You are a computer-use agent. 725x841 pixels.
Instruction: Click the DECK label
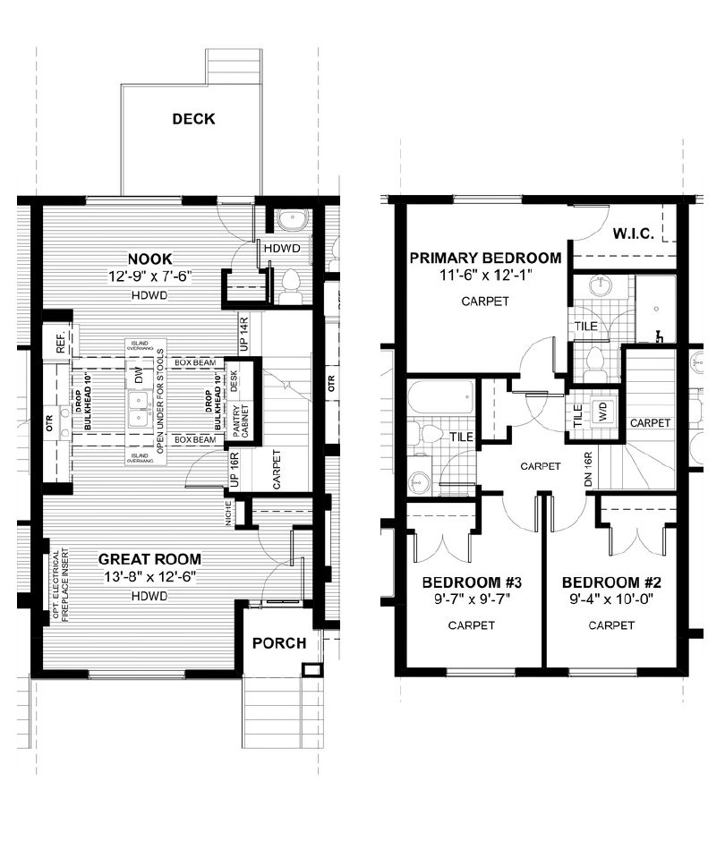tap(193, 119)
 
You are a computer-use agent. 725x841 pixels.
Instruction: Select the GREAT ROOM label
tap(149, 559)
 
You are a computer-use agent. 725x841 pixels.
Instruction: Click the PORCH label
tap(278, 642)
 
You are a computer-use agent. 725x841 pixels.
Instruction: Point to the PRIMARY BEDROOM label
tap(485, 259)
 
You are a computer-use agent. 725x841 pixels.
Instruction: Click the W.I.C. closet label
tap(636, 234)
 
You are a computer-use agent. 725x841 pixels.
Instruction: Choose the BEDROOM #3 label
tap(472, 582)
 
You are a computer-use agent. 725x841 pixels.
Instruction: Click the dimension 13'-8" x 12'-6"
tap(149, 577)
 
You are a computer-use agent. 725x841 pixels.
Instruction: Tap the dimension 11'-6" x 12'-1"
tap(485, 276)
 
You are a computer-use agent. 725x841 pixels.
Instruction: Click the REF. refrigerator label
tap(61, 346)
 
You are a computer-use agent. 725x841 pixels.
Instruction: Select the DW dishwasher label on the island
tap(139, 378)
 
